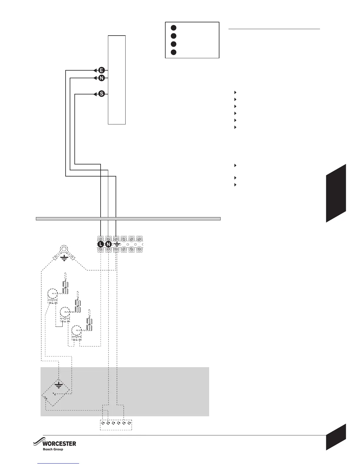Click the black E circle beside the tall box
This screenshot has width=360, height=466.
pos(101,70)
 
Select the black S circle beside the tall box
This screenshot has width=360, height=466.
pos(101,94)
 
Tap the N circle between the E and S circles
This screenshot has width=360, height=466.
pos(101,78)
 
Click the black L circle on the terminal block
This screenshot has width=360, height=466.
pos(100,244)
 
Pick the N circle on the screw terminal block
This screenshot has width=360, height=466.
pos(108,244)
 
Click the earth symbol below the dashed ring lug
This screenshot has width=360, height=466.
pos(64,258)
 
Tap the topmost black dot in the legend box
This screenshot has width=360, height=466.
pos(174,28)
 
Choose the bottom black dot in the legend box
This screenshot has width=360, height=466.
pos(174,52)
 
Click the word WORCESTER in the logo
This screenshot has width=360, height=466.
pos(59,444)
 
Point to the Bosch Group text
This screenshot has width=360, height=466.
pos(53,449)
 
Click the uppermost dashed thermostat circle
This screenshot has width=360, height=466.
pos(53,294)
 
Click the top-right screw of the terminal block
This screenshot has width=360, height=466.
pos(139,239)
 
